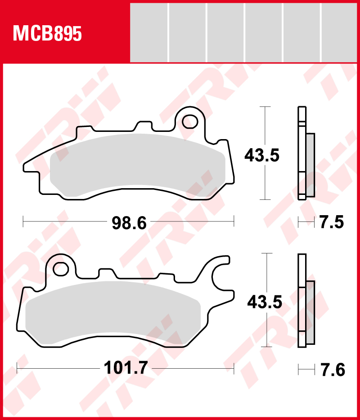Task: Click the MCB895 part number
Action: pos(47,34)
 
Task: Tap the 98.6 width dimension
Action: pos(129,223)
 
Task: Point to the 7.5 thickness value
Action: pos(331,222)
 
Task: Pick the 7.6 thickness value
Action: pos(332,370)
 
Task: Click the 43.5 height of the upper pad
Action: pos(262,155)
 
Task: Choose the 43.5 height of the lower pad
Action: pos(265,302)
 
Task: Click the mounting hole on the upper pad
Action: pos(190,122)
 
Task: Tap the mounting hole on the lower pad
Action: pos(61,269)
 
